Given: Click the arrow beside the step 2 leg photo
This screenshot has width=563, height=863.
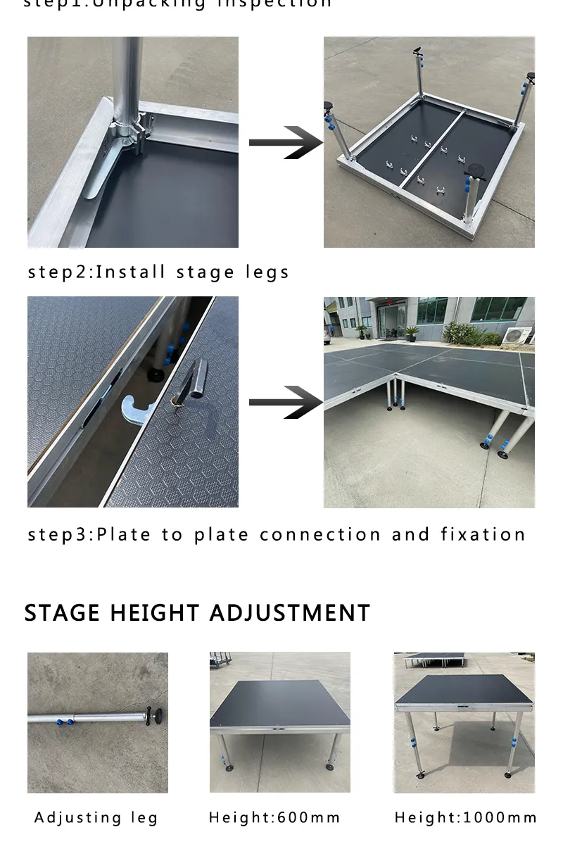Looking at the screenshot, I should (285, 143).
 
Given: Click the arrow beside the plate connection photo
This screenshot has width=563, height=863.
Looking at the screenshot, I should (285, 402).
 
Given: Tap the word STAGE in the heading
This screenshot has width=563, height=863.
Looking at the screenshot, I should (62, 612).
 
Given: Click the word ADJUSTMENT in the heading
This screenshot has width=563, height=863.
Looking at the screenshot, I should (289, 612).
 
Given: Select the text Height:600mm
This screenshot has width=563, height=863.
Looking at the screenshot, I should (274, 817).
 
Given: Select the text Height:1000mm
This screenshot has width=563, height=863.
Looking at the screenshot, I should (465, 817).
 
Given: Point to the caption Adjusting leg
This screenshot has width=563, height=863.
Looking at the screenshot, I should (96, 817).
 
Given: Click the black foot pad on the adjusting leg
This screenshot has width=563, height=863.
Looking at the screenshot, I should (157, 718).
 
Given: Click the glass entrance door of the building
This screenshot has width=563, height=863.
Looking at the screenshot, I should (391, 321).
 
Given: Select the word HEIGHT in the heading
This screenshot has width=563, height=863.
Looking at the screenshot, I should (155, 612).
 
